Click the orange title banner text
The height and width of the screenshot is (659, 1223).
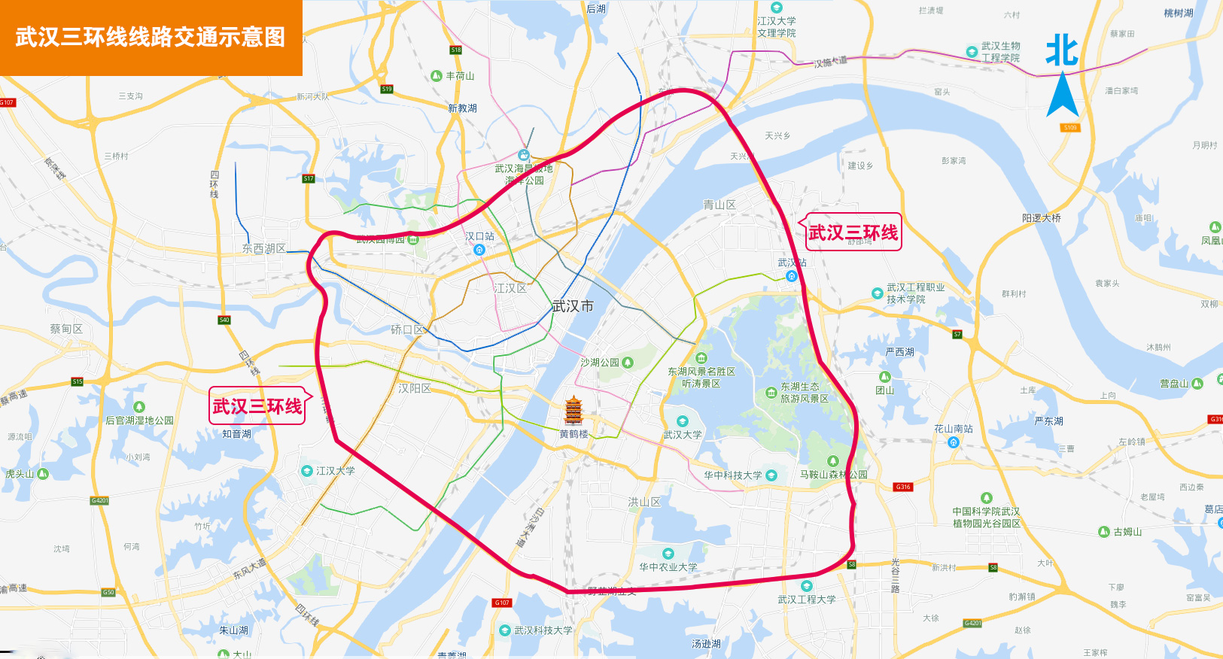[x=151, y=37]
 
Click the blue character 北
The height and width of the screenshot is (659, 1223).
[x=1062, y=50]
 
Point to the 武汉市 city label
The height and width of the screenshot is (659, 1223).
[x=573, y=306]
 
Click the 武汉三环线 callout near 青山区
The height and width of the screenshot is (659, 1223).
[x=853, y=232]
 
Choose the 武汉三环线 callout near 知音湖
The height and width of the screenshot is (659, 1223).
[x=257, y=406]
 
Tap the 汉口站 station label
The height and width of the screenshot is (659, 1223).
[x=479, y=236]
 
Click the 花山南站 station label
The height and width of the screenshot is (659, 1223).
[x=953, y=429]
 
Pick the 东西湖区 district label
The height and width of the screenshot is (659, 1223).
[x=263, y=248]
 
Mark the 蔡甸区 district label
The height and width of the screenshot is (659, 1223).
[x=66, y=329]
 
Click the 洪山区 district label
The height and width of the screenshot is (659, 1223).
[x=644, y=502]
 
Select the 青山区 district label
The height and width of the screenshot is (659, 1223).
[x=720, y=205]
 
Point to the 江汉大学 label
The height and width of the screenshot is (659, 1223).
[x=335, y=471]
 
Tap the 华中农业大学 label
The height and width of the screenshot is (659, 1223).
[x=668, y=567]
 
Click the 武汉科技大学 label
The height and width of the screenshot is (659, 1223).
[x=543, y=630]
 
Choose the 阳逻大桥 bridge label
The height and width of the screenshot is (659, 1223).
[x=1041, y=218]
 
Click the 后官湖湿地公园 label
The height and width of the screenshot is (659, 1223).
[x=139, y=421]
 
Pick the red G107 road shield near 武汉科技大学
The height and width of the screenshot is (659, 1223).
[x=502, y=603]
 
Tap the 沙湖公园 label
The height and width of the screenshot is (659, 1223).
[x=600, y=363]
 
